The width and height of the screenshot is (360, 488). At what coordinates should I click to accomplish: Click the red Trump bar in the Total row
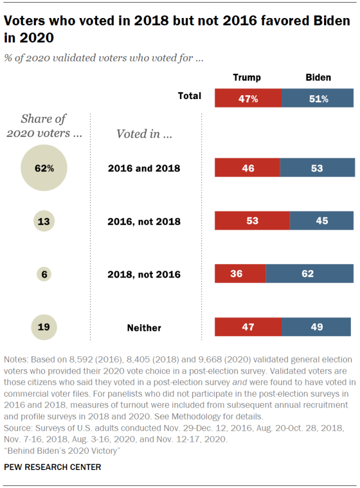247,98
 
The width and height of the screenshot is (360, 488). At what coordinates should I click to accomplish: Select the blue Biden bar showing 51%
318,98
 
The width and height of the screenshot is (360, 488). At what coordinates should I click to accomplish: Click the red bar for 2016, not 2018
252,221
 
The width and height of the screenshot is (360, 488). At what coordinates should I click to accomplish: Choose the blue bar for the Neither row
318,327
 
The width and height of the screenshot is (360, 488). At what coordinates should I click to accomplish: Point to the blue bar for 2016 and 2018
317,168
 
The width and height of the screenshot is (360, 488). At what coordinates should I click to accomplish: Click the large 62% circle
44,168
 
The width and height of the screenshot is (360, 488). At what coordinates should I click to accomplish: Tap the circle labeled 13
44,221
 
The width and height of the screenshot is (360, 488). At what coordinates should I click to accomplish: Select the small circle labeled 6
44,275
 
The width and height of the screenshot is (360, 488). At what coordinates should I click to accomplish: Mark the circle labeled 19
44,327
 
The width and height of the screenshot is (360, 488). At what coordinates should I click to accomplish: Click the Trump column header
247,78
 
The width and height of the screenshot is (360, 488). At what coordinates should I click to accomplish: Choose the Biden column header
318,78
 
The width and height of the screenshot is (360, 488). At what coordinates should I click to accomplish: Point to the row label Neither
144,328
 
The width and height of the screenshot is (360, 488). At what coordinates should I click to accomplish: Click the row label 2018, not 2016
144,275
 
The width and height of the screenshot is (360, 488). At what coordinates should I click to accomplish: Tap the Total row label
190,96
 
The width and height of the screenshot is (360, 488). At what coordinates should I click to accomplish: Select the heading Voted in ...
144,134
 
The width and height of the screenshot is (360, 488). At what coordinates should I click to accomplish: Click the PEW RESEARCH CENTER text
53,467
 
